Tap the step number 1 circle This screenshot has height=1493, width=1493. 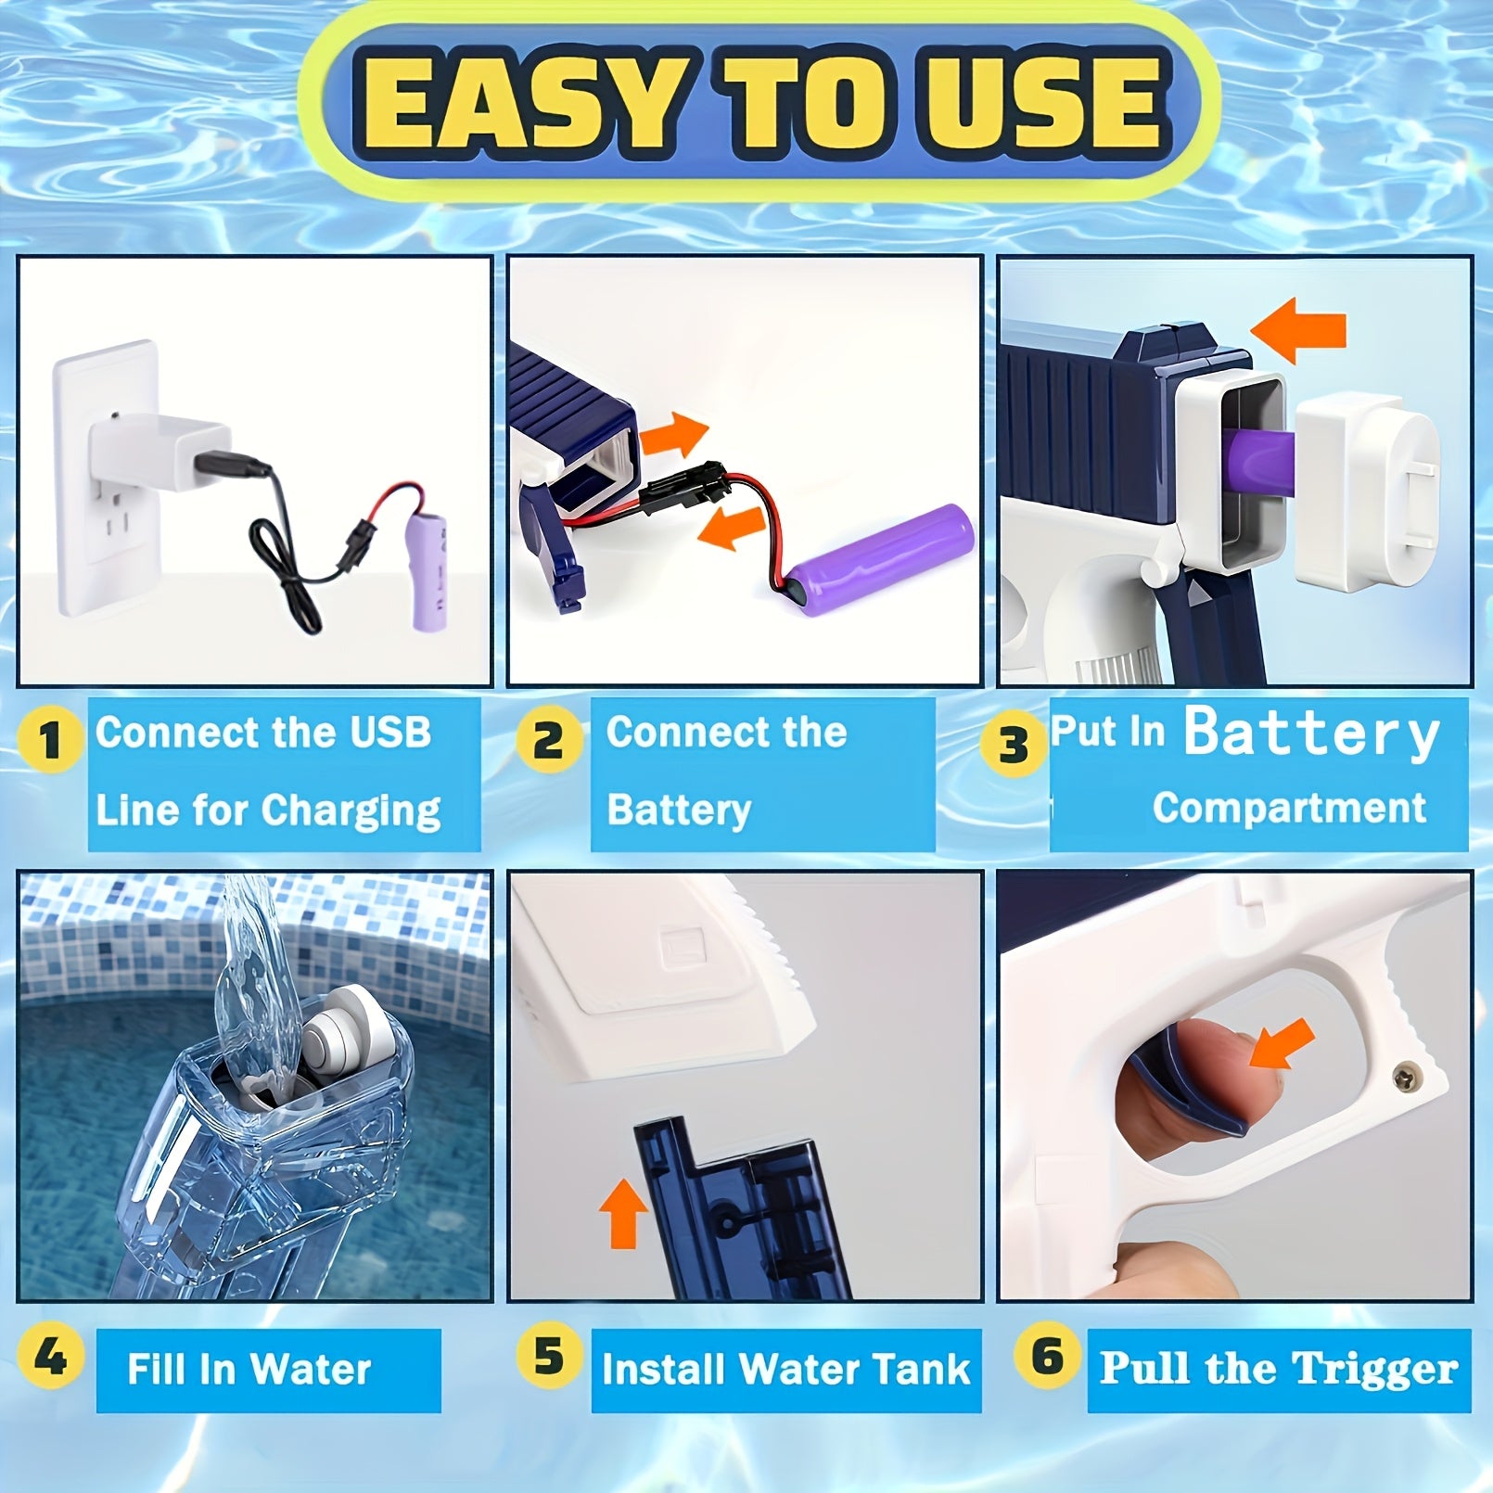50,740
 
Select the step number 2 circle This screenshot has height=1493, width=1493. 548,740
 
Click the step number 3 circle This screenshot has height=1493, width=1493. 1014,744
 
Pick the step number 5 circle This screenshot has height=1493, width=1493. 548,1357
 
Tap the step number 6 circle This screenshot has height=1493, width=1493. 1048,1357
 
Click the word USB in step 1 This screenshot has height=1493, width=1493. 390,733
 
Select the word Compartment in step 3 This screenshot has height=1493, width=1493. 1288,809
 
